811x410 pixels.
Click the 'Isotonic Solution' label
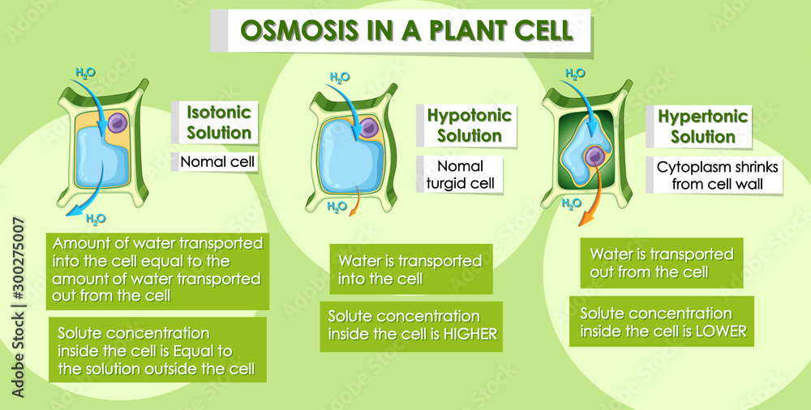click(x=219, y=122)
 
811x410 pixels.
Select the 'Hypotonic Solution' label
click(x=470, y=126)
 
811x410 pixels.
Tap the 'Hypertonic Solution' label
click(x=703, y=126)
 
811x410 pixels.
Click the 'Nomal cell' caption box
click(x=217, y=162)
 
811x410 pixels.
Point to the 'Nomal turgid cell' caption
click(x=460, y=175)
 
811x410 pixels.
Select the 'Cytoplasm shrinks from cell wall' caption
click(x=718, y=176)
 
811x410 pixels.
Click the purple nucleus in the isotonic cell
click(x=119, y=123)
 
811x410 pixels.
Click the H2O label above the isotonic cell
click(x=85, y=73)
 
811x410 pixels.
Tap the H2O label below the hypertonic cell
click(x=571, y=203)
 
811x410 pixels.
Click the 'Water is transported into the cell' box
click(x=410, y=270)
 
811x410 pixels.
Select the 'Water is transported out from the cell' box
click(x=662, y=263)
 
